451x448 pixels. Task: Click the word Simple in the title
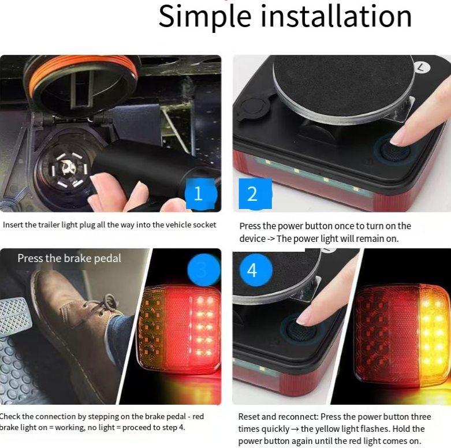pyautogui.click(x=205, y=17)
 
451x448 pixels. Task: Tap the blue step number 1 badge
pyautogui.click(x=200, y=193)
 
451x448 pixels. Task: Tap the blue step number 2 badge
pyautogui.click(x=255, y=194)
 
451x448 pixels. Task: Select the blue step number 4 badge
pyautogui.click(x=255, y=270)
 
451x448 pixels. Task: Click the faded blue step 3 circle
pyautogui.click(x=203, y=270)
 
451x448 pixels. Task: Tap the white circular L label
pyautogui.click(x=422, y=68)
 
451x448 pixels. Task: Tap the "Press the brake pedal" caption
pyautogui.click(x=69, y=258)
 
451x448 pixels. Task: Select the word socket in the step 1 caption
pyautogui.click(x=204, y=225)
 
